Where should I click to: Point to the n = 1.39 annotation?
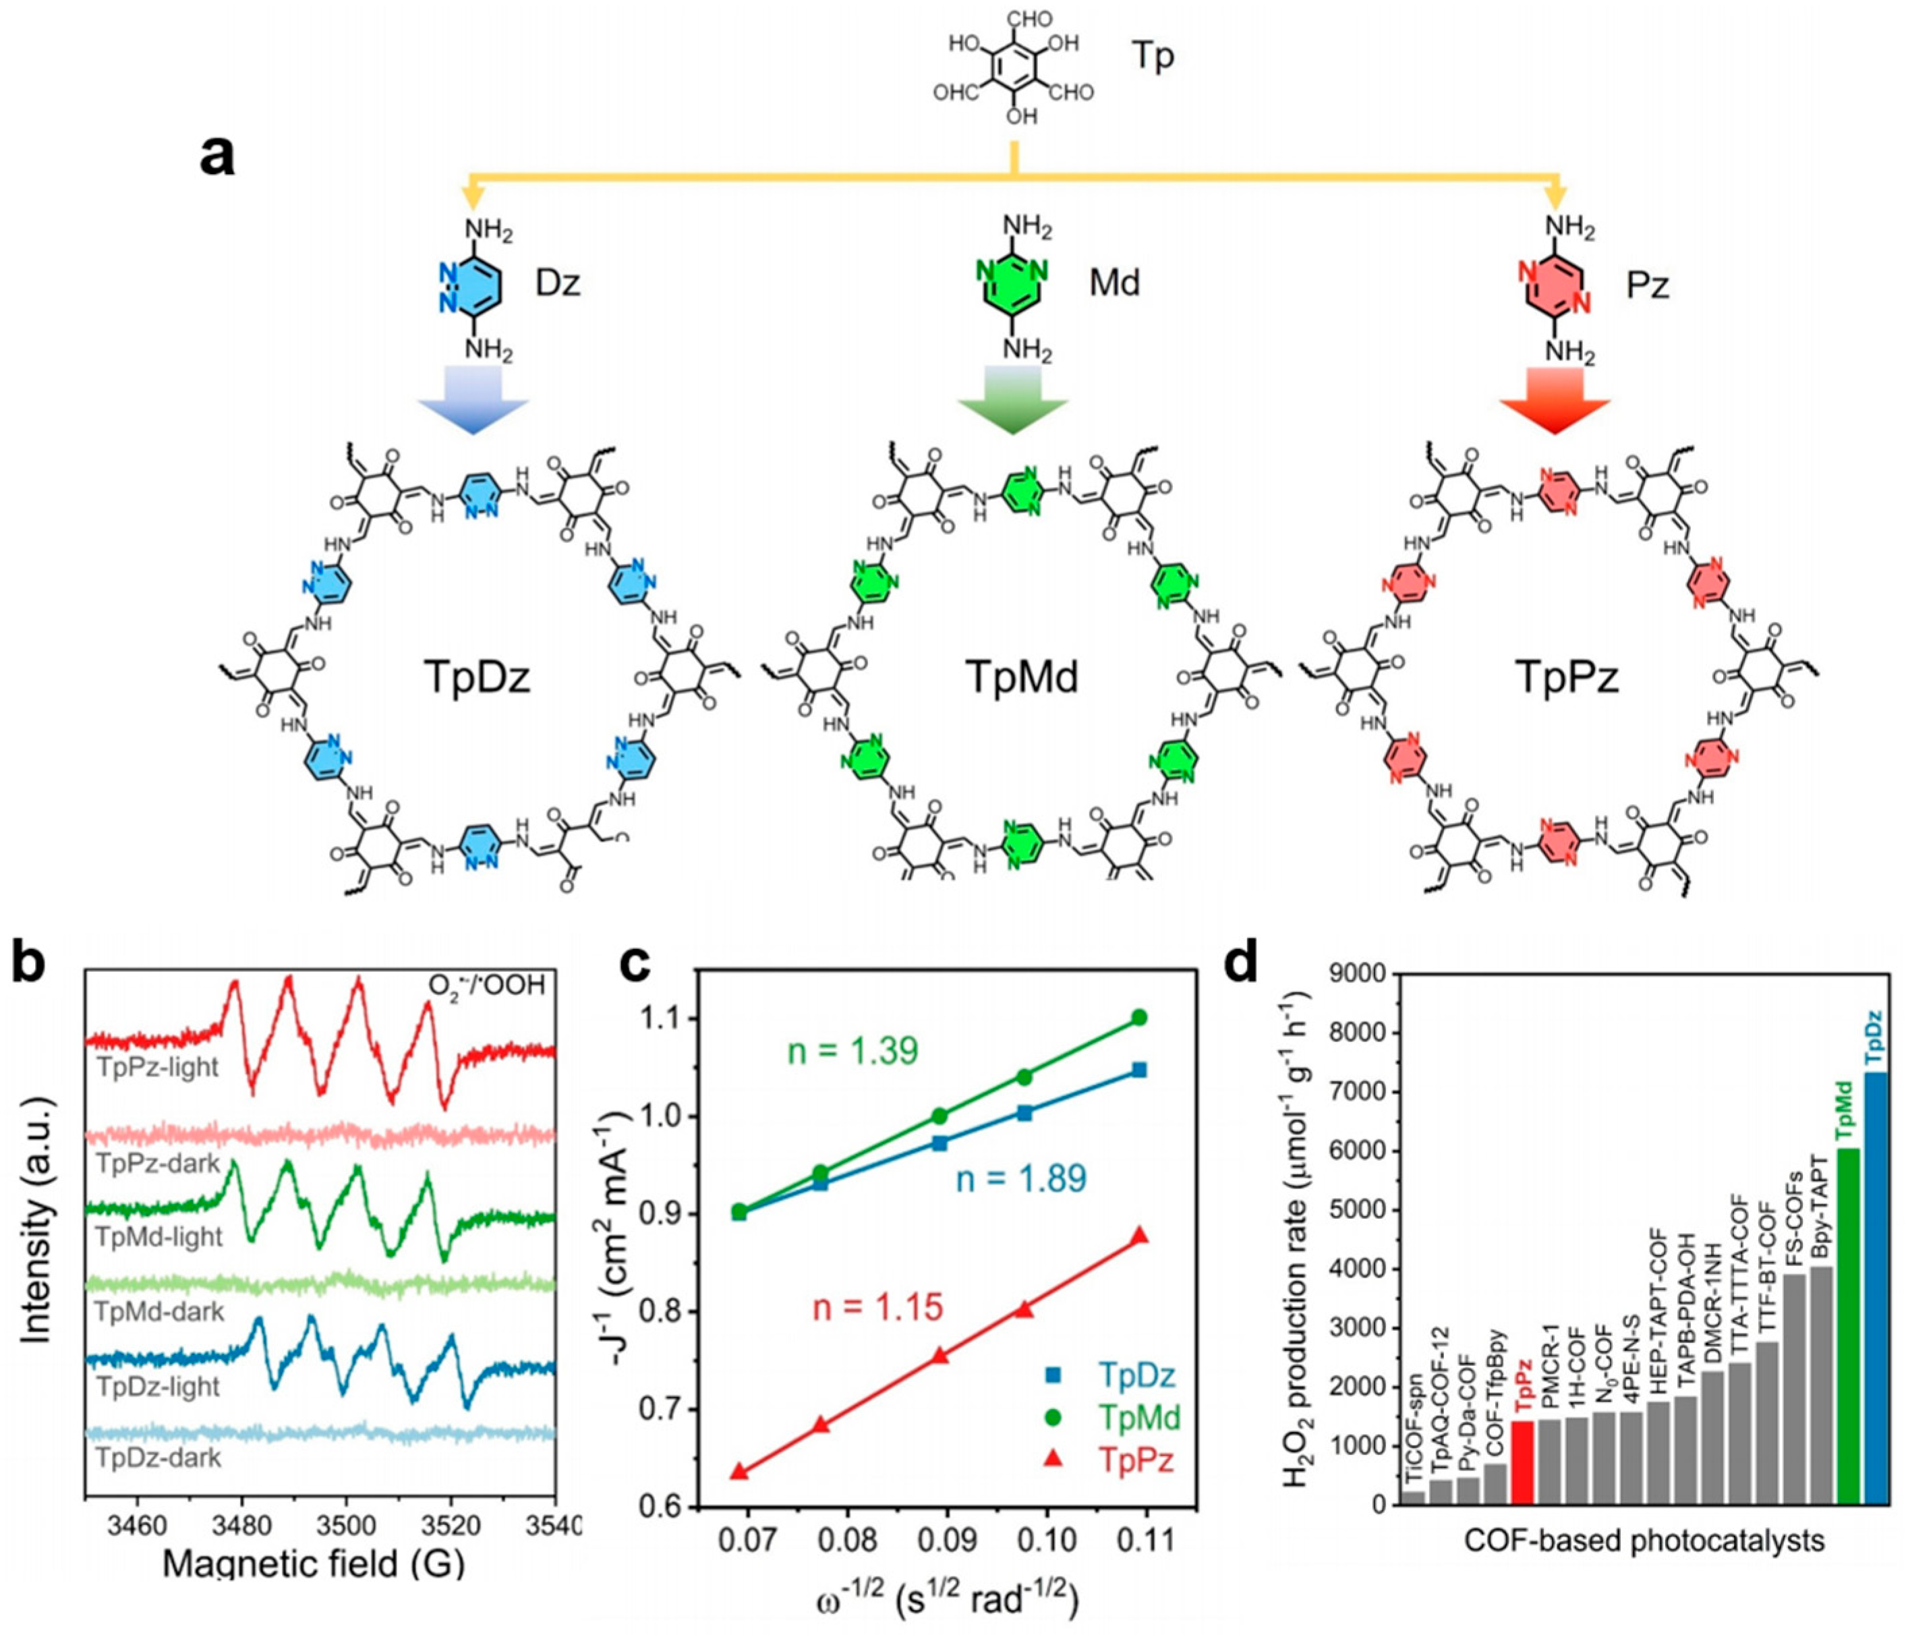pyautogui.click(x=852, y=1050)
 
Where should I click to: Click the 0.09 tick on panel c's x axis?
pyautogui.click(x=940, y=1537)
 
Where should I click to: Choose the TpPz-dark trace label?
pyautogui.click(x=157, y=1164)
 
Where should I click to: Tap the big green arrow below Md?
pyautogui.click(x=1012, y=398)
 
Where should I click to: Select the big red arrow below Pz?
pyautogui.click(x=1555, y=398)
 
